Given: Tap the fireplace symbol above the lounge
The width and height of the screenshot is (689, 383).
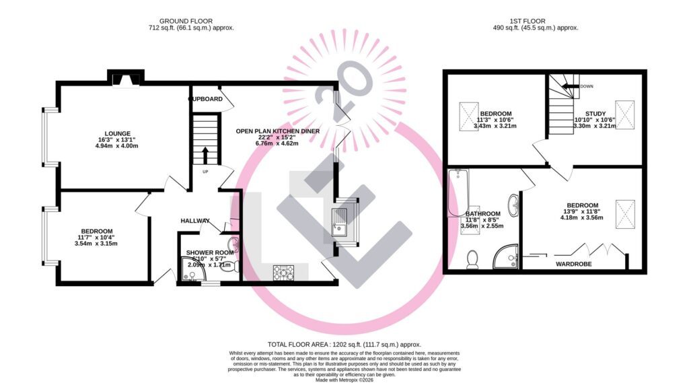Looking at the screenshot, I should click(x=126, y=79).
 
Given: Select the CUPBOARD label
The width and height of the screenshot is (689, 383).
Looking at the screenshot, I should click(x=206, y=99).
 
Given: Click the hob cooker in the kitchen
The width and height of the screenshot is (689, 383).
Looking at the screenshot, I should click(x=283, y=273).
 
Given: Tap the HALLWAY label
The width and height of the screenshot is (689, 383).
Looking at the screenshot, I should click(x=195, y=221).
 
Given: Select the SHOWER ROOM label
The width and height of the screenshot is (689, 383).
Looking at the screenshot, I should click(x=210, y=252).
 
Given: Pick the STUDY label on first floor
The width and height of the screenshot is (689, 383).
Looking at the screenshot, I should click(x=595, y=114).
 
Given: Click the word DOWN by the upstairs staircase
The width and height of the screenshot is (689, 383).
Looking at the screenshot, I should click(x=587, y=86).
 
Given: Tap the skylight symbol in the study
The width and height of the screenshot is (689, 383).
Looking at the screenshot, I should click(x=625, y=113).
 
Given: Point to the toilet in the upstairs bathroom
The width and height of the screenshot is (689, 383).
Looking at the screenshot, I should click(x=473, y=258).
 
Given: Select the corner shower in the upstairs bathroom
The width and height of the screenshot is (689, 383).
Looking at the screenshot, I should click(x=505, y=255).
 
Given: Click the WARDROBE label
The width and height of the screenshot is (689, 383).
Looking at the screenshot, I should click(x=573, y=265).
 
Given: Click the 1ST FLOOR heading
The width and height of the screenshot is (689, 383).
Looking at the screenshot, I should click(x=536, y=21).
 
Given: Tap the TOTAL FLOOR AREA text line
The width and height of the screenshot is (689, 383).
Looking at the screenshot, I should click(x=344, y=343).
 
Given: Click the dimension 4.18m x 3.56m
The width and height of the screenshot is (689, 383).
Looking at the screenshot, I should click(x=582, y=217).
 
